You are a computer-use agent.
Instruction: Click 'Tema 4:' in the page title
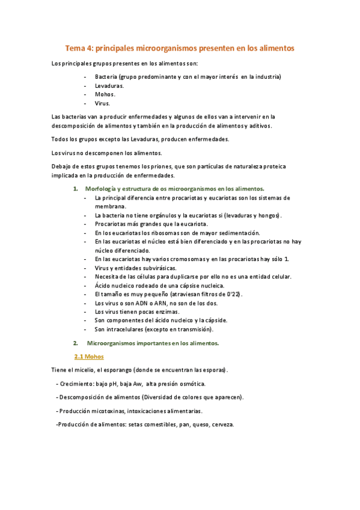point(79,47)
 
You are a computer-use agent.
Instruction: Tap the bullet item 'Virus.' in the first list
point(102,103)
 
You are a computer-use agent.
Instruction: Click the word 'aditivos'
point(259,126)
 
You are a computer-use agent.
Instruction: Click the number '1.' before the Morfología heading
point(76,188)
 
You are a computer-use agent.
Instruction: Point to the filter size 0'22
point(232,294)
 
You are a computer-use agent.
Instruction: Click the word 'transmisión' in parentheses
point(193,329)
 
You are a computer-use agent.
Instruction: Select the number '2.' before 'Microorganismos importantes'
point(76,343)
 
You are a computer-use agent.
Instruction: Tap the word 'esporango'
point(117,370)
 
